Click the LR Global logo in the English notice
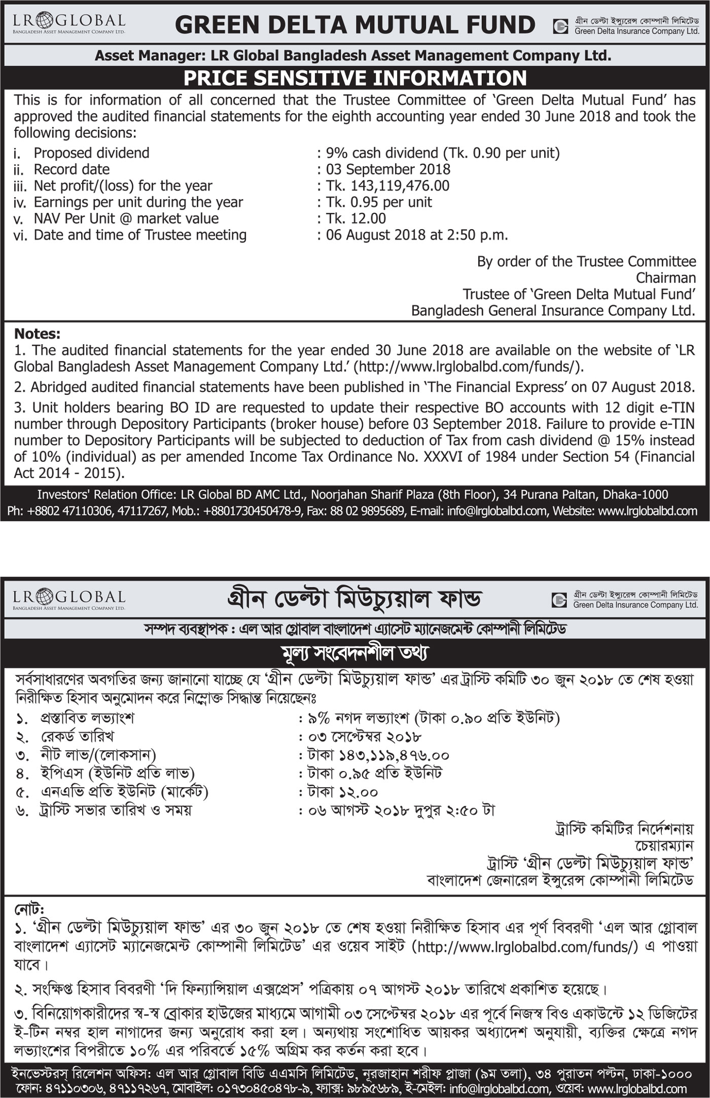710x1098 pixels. [69, 23]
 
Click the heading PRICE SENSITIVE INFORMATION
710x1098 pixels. [355, 78]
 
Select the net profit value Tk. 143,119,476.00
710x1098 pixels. [387, 186]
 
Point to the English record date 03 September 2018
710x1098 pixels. [388, 169]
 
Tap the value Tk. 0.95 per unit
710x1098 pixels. [379, 202]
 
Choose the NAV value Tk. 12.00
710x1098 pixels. [356, 218]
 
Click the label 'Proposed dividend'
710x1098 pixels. [91, 153]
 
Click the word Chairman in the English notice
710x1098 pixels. [665, 278]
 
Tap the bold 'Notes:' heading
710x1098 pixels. [37, 334]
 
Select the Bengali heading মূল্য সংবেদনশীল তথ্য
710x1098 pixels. [355, 653]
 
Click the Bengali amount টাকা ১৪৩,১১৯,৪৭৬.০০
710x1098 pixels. [378, 755]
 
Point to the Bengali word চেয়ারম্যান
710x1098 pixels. [664, 846]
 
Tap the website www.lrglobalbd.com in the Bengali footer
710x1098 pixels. [638, 1088]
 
